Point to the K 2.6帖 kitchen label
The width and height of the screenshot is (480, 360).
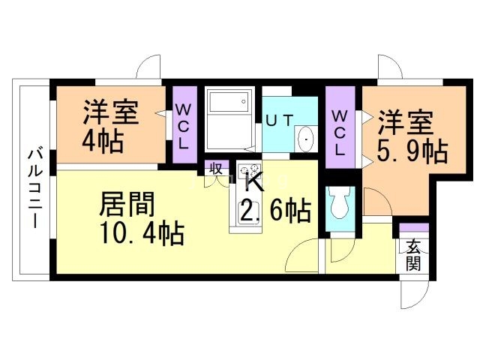[270, 199]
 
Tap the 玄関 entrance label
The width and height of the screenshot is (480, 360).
[413, 254]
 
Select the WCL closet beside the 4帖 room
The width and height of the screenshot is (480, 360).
[184, 124]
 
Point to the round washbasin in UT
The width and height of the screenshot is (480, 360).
[306, 139]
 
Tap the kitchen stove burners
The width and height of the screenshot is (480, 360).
[250, 174]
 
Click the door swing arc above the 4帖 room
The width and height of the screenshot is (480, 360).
[149, 67]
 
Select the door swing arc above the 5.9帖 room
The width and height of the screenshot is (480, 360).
[391, 67]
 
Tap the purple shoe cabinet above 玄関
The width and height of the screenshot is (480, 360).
[413, 227]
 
